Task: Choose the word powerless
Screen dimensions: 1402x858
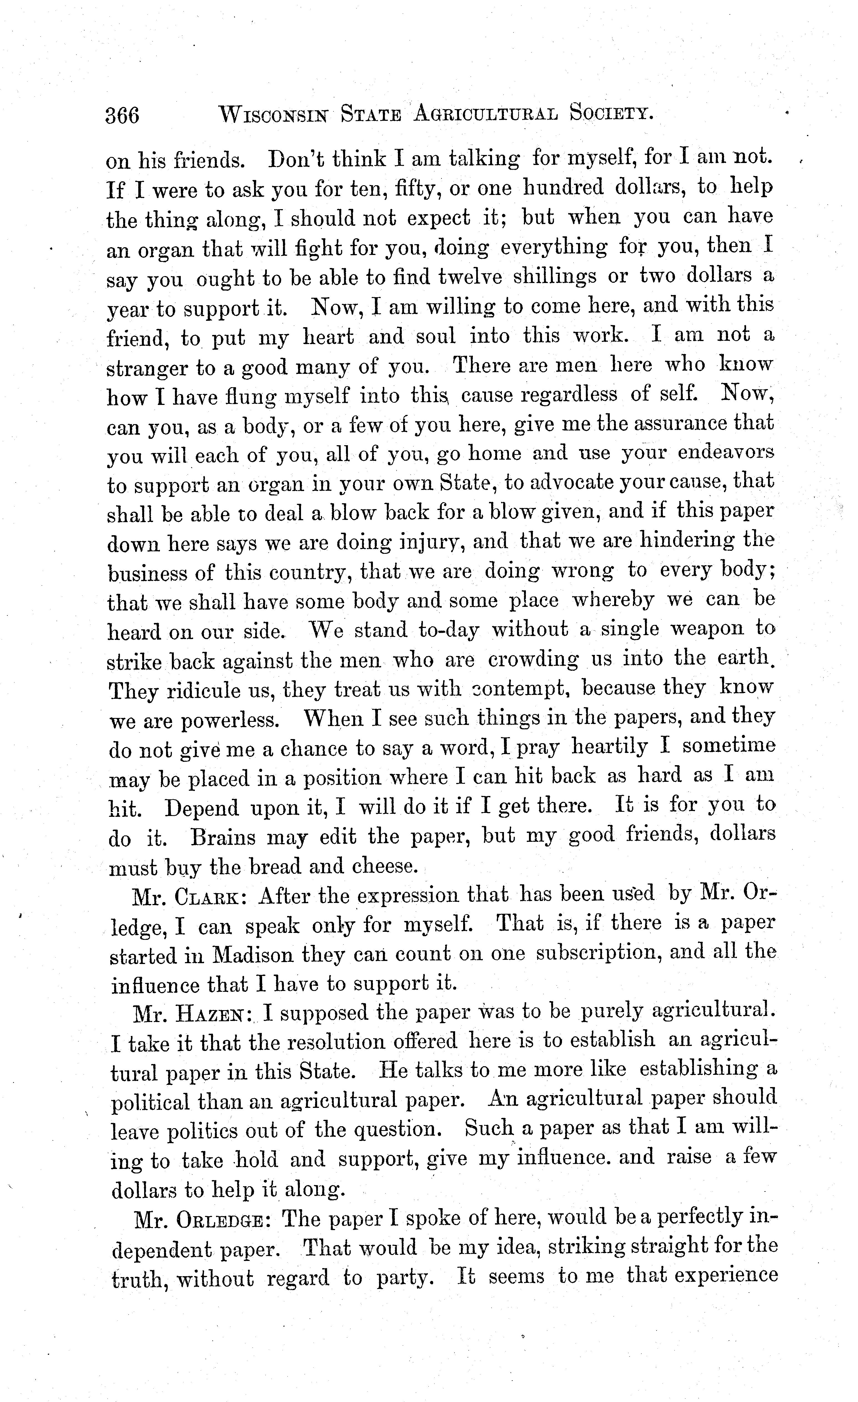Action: click(230, 721)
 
